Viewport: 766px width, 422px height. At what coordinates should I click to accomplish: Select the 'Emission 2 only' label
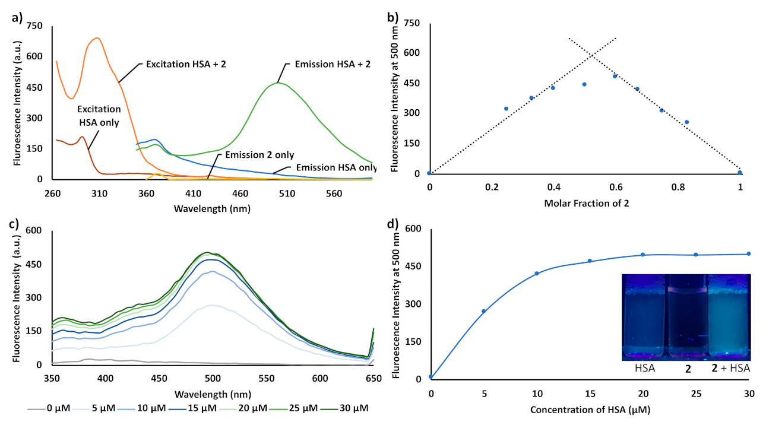pyautogui.click(x=259, y=155)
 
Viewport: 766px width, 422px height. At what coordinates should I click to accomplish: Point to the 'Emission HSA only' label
pyautogui.click(x=333, y=167)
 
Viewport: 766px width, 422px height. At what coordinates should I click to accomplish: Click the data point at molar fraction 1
pyautogui.click(x=740, y=173)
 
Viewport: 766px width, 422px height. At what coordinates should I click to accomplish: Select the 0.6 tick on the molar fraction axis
pyautogui.click(x=616, y=187)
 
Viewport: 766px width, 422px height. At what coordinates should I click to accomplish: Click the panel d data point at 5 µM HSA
pyautogui.click(x=483, y=311)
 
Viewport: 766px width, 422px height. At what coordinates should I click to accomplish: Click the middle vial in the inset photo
pyautogui.click(x=686, y=318)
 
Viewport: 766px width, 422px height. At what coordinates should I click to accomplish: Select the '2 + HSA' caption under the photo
pyautogui.click(x=730, y=369)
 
